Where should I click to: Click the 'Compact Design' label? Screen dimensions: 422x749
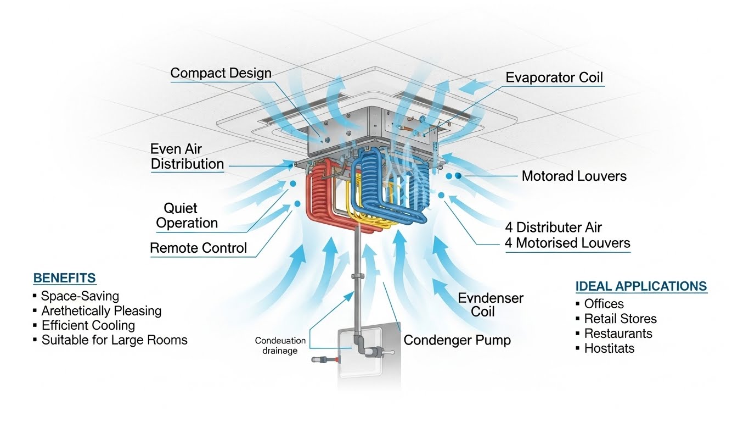pyautogui.click(x=221, y=73)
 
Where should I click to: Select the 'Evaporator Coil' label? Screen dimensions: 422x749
pyautogui.click(x=554, y=77)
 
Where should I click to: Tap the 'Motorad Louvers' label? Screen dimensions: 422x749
pyautogui.click(x=574, y=176)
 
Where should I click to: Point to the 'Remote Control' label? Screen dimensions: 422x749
pyautogui.click(x=199, y=248)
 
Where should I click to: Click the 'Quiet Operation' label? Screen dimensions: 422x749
pyautogui.click(x=187, y=216)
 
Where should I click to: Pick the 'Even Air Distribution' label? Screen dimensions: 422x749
pyautogui.click(x=187, y=156)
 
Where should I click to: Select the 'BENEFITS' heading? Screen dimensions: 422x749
pyautogui.click(x=64, y=278)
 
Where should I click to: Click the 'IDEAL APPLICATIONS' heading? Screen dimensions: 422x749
pyautogui.click(x=641, y=286)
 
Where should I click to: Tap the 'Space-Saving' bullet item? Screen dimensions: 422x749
pyautogui.click(x=80, y=296)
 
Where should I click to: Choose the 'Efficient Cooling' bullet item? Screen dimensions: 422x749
pyautogui.click(x=88, y=325)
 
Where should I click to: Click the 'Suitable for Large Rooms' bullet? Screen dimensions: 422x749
pyautogui.click(x=114, y=340)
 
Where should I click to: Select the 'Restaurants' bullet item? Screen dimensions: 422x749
pyautogui.click(x=618, y=334)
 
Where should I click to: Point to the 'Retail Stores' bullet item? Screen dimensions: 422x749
pyautogui.click(x=620, y=319)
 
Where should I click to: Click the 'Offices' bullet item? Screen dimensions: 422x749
pyautogui.click(x=604, y=304)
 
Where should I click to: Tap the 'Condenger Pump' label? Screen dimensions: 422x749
pyautogui.click(x=457, y=340)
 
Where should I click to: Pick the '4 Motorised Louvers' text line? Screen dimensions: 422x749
pyautogui.click(x=567, y=243)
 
